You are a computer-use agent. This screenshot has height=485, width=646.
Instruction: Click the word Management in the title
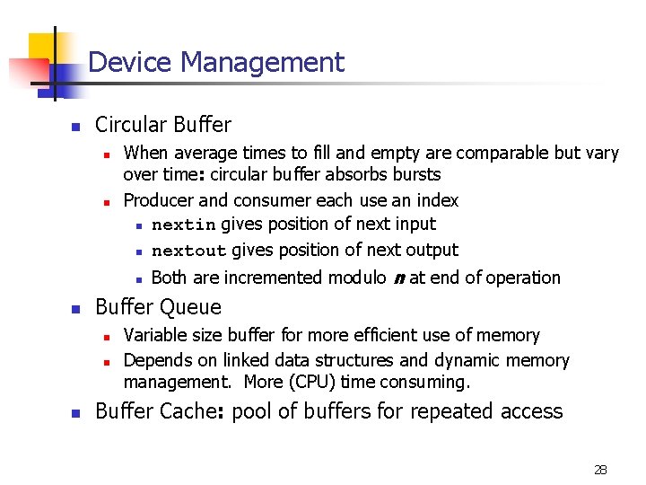(x=262, y=63)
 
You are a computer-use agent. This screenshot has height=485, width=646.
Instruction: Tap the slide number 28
(x=600, y=469)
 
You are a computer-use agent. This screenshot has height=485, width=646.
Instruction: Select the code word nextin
(x=184, y=225)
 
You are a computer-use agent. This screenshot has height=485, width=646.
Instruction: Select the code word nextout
(x=188, y=251)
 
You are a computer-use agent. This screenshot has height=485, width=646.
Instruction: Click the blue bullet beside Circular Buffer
(x=76, y=127)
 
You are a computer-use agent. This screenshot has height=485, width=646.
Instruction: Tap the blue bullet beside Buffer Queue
(x=76, y=309)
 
